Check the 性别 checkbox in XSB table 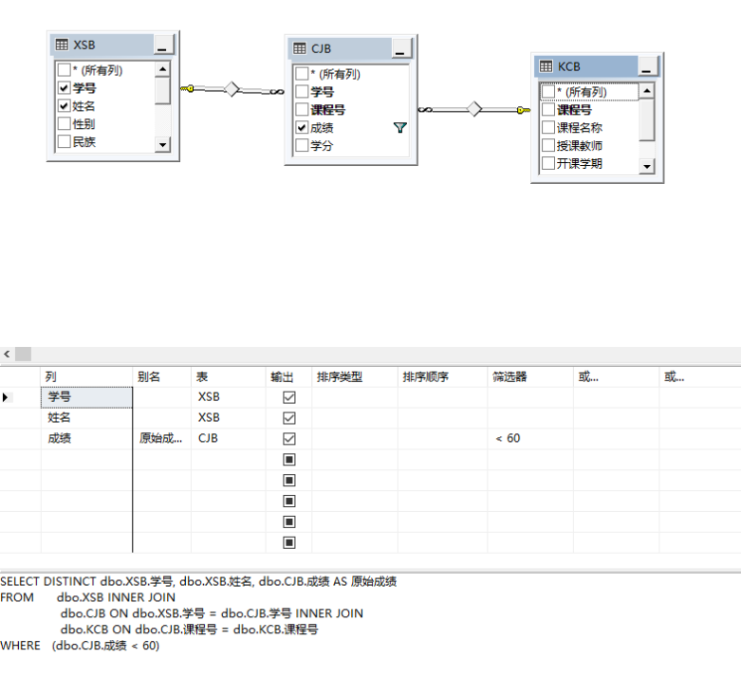65,123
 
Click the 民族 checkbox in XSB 65,141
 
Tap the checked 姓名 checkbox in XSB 65,105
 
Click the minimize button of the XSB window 162,45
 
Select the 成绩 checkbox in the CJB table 302,127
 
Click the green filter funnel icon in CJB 399,127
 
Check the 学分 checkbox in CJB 302,145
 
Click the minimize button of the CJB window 400,48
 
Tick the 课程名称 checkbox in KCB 547,127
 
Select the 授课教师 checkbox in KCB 547,145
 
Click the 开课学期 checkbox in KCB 547,163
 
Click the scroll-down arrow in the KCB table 647,166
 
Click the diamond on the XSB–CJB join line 232,89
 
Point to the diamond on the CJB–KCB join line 475,109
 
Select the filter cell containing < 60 529,438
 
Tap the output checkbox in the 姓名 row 289,417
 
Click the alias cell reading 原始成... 161,438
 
